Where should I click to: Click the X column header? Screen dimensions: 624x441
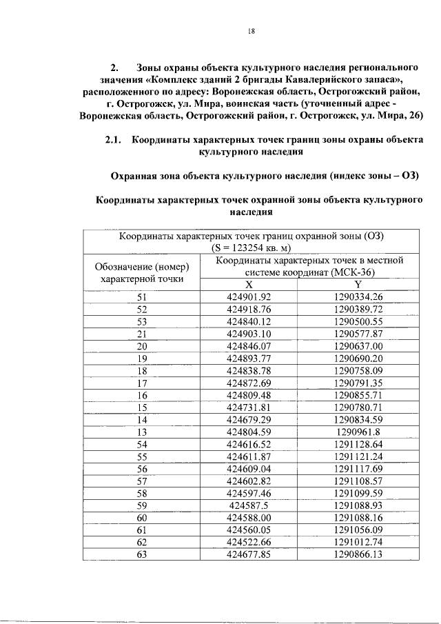click(x=249, y=285)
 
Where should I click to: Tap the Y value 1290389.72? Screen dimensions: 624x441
click(x=358, y=310)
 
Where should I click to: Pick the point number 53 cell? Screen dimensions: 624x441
click(x=142, y=322)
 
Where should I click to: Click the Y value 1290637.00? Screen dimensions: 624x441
click(x=358, y=346)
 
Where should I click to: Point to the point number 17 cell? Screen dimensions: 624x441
click(x=142, y=383)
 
